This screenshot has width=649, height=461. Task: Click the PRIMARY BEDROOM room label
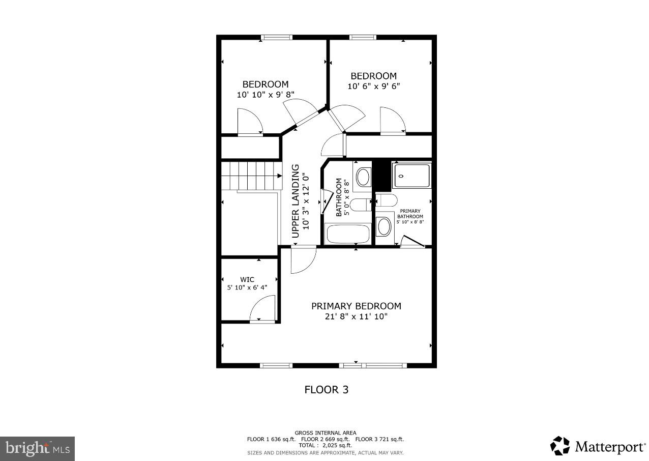tap(356, 306)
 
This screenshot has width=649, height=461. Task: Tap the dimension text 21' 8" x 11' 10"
tap(356, 316)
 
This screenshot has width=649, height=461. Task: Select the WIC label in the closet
tap(247, 279)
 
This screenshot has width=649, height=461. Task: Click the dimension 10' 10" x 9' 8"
tap(265, 95)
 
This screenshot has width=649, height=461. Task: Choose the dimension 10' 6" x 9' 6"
tap(374, 87)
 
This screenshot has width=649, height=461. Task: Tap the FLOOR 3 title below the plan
tap(326, 390)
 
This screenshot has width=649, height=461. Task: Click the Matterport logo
tap(598, 446)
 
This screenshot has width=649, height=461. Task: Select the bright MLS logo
tap(37, 448)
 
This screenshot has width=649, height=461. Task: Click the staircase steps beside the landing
tap(252, 175)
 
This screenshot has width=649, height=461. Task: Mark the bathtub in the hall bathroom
tap(348, 234)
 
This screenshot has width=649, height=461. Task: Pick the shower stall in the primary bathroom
tap(412, 176)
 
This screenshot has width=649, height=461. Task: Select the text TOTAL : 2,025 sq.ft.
tap(326, 445)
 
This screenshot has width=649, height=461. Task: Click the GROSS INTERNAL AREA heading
tap(326, 433)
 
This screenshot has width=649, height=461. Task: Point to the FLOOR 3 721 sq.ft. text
tap(379, 439)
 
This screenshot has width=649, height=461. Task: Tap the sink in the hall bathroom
tap(363, 177)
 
